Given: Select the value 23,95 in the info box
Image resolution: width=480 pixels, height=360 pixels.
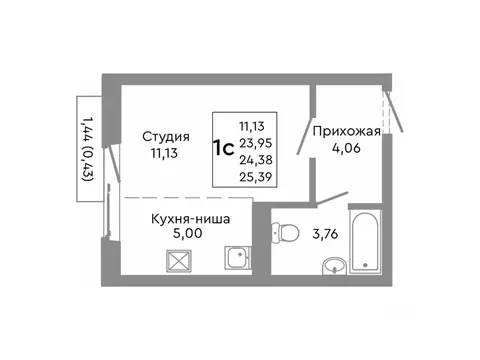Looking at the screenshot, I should pyautogui.click(x=254, y=141).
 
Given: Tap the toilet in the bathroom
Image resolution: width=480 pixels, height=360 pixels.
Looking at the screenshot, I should pyautogui.click(x=287, y=231).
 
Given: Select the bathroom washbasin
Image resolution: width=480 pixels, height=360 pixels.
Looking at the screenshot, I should pyautogui.click(x=334, y=266).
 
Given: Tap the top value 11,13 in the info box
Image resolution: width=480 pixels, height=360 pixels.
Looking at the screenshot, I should pyautogui.click(x=254, y=126).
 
